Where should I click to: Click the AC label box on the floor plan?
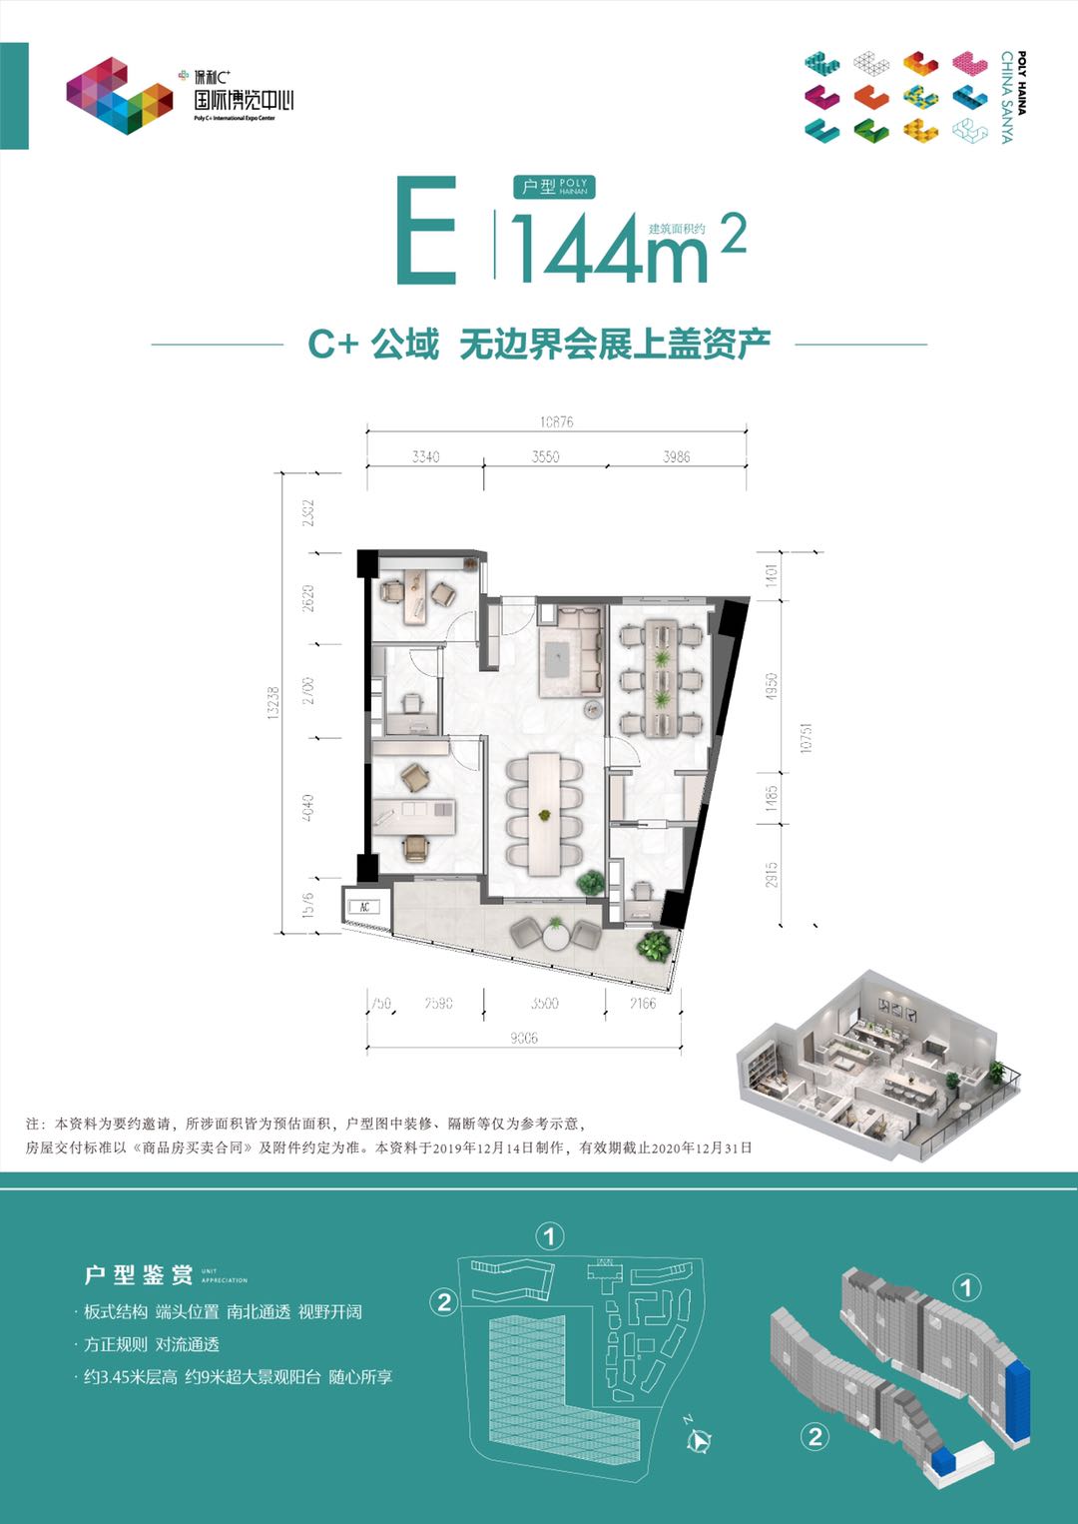coord(364,907)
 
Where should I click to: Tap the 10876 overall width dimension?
coord(556,421)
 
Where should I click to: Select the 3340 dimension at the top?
coord(425,456)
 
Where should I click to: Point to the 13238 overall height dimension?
coord(273,703)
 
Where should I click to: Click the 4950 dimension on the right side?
coord(771,686)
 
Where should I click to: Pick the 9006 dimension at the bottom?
coord(523,1038)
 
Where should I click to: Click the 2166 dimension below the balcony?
coord(643,1003)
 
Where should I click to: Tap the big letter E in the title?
coord(426,232)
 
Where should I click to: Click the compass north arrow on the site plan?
coord(699,1438)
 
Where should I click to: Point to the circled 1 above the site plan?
coord(549,1236)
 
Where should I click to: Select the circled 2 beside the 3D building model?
coord(815,1436)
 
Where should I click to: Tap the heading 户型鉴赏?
coord(139,1275)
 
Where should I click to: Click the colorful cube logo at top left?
coord(119,96)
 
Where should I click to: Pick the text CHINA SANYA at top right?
coord(1007,97)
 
